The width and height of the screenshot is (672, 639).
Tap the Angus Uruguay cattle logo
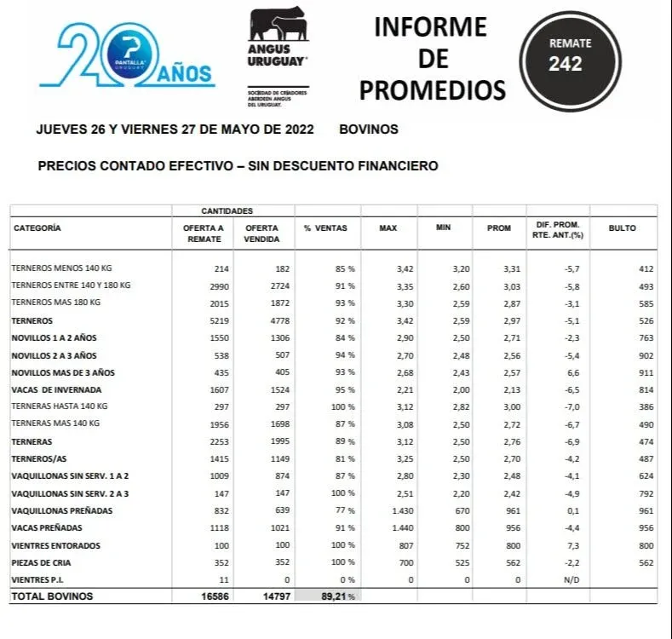pyautogui.click(x=278, y=39)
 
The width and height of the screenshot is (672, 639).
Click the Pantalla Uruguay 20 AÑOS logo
pyautogui.click(x=127, y=55)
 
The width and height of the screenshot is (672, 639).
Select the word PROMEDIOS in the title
pyautogui.click(x=432, y=89)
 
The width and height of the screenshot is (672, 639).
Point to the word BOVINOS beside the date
pyautogui.click(x=368, y=130)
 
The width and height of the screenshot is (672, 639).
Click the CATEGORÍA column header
pyautogui.click(x=37, y=228)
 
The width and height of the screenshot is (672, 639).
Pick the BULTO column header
pyautogui.click(x=622, y=228)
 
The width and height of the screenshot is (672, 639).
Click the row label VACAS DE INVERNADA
pyautogui.click(x=50, y=390)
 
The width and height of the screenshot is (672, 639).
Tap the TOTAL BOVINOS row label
pyautogui.click(x=52, y=596)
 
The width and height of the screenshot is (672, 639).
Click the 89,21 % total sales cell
pyautogui.click(x=334, y=596)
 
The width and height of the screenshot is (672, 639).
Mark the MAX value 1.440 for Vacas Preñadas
pyautogui.click(x=399, y=528)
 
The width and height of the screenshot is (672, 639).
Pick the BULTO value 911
pyautogui.click(x=646, y=373)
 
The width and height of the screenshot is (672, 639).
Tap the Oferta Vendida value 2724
pyautogui.click(x=279, y=286)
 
